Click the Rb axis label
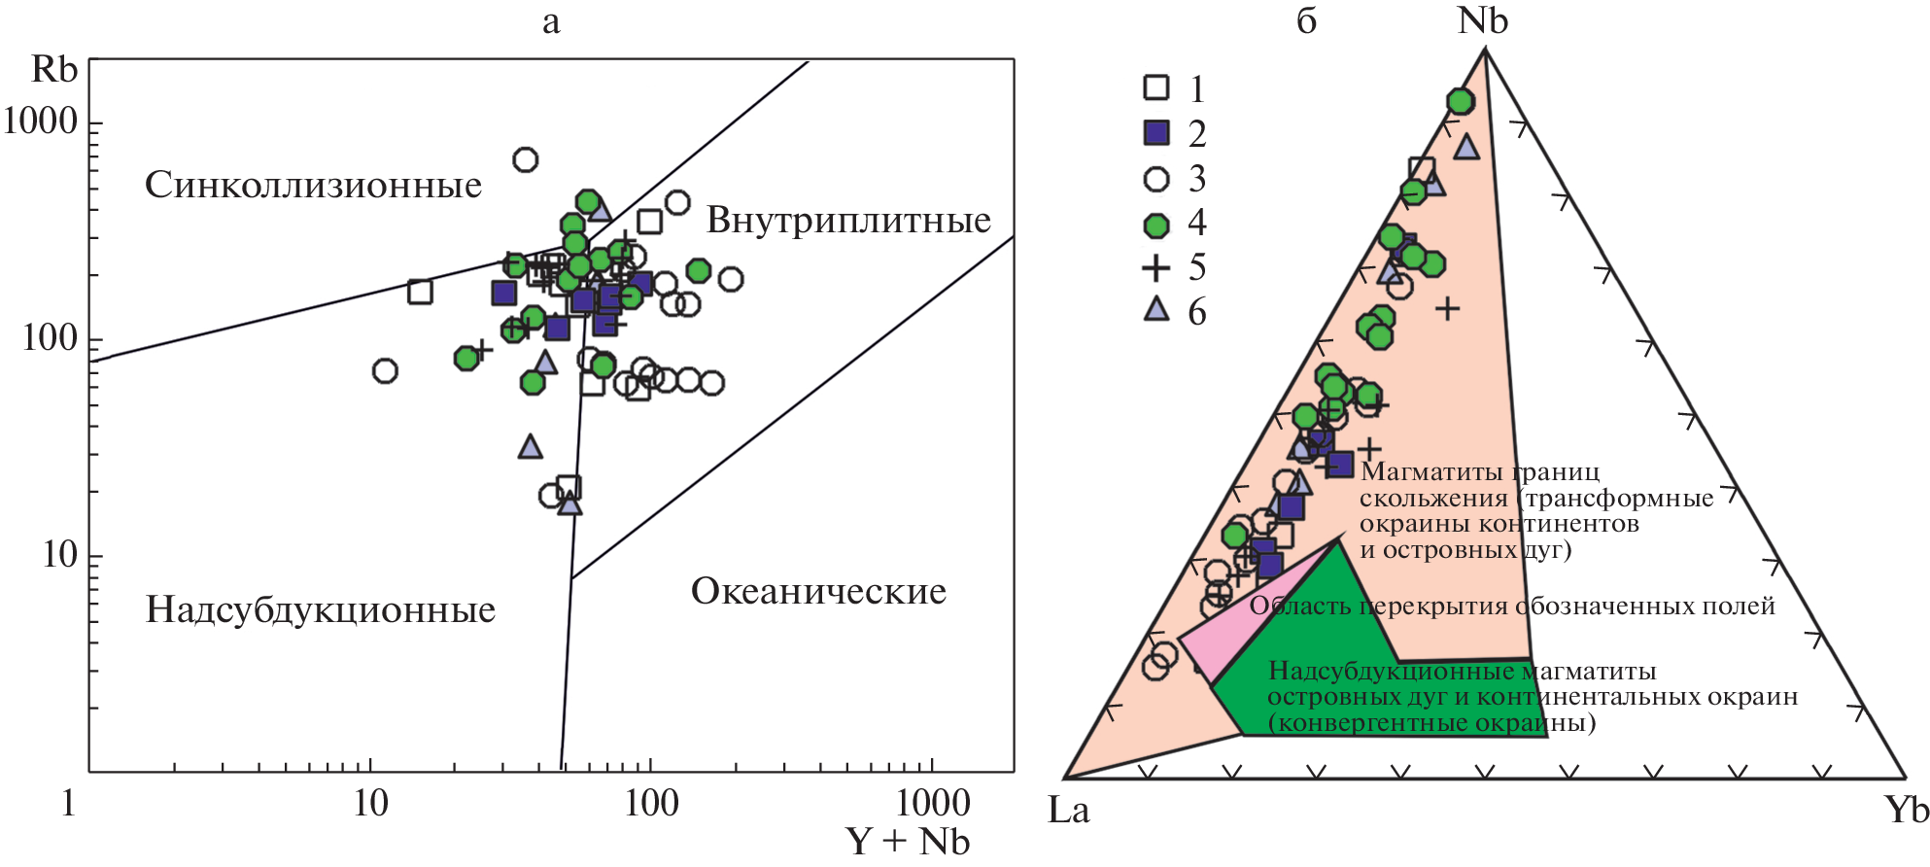tap(53, 70)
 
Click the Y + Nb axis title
tap(907, 841)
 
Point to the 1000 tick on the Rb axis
tap(40, 121)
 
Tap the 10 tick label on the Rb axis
tap(59, 555)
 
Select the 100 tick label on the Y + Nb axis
tap(651, 804)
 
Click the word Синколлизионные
tap(313, 185)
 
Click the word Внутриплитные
tap(848, 220)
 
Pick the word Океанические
tap(818, 591)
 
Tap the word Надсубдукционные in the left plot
tap(321, 609)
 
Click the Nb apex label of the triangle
tap(1482, 21)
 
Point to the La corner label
tap(1068, 810)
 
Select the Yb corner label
tap(1906, 810)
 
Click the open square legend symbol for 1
tap(1156, 87)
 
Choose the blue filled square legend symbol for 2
tap(1156, 132)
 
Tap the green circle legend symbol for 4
tap(1156, 225)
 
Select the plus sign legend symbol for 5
tap(1156, 268)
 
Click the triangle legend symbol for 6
tap(1156, 310)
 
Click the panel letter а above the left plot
tap(551, 22)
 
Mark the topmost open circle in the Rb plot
tap(525, 159)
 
